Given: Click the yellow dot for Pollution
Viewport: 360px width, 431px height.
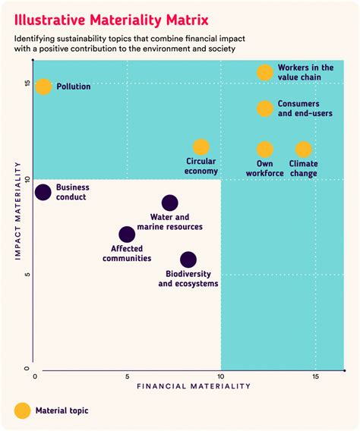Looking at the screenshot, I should (x=43, y=87).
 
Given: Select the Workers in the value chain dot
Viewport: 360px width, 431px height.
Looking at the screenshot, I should (x=264, y=72).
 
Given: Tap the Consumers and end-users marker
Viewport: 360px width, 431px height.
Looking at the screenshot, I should (x=264, y=109).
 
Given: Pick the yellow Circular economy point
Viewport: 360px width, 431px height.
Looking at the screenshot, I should (x=201, y=146).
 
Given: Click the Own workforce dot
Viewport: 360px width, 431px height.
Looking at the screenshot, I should (x=264, y=149).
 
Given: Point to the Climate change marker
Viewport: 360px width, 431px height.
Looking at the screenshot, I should (x=303, y=149).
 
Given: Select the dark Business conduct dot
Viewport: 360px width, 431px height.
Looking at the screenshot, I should (x=43, y=193).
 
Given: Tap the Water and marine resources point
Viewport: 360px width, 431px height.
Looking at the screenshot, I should (x=170, y=203).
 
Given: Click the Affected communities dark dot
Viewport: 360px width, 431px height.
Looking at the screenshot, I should (x=127, y=234).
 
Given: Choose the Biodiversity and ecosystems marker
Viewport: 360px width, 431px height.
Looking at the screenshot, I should (x=188, y=260).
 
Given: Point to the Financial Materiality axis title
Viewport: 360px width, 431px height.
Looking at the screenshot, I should (x=193, y=387).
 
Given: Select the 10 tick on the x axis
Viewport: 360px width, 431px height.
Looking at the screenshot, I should (x=221, y=376).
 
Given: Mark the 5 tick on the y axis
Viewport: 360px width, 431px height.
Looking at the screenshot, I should (x=27, y=274).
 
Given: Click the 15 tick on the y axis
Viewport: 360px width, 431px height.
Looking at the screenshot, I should (x=27, y=85).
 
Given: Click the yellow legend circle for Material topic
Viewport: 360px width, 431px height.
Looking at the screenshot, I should (x=23, y=411).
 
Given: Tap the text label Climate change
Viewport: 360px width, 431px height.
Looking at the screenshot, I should (x=303, y=168).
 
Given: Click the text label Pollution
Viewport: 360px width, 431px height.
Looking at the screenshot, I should (x=74, y=87).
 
